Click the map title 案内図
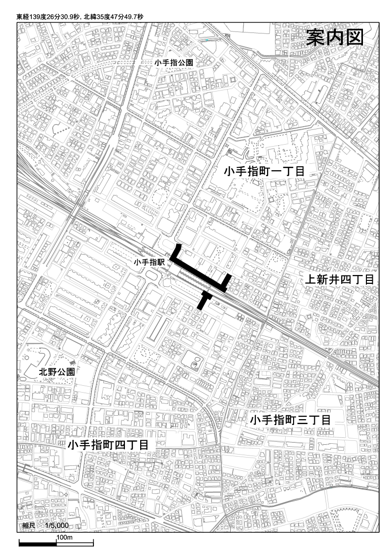pos(334,38)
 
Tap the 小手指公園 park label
pos(173,63)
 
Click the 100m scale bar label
pos(64,538)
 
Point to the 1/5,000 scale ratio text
pos(56,526)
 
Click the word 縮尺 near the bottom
pos(29,526)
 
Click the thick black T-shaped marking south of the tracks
pos(203,299)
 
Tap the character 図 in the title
pos(354,38)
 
